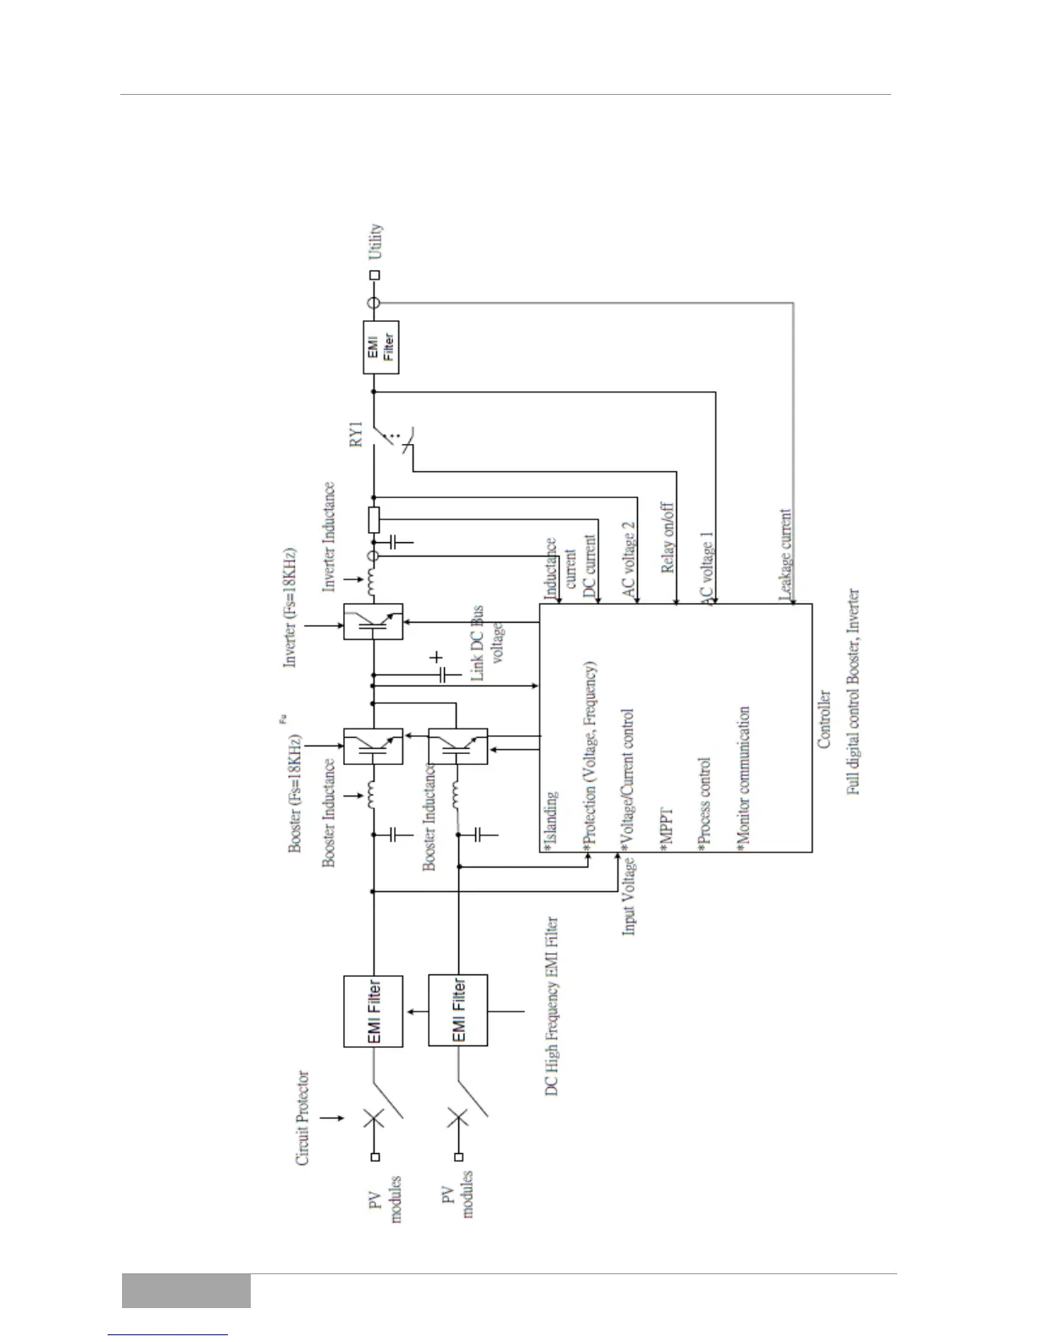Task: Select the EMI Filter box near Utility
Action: click(x=380, y=347)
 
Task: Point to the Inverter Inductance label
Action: click(x=330, y=535)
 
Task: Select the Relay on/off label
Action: click(x=667, y=538)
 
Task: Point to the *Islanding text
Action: click(x=552, y=820)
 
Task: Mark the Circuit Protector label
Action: click(x=302, y=1118)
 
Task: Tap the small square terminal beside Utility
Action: click(x=375, y=274)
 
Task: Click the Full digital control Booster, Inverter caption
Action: click(x=854, y=691)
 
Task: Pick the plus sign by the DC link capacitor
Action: click(x=436, y=657)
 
